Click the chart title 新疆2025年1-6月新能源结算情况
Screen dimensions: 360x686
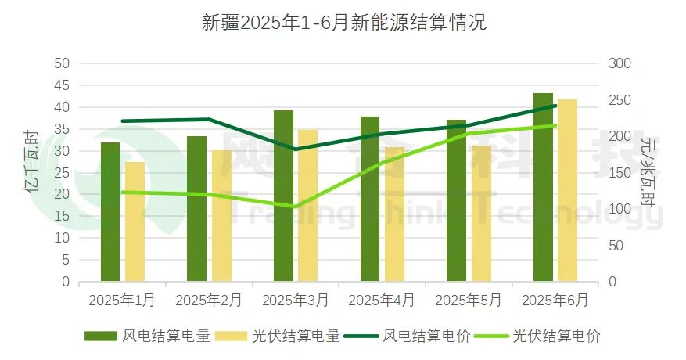(343, 23)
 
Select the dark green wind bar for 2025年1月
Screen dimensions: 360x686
(110, 211)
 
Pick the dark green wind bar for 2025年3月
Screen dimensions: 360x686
(283, 196)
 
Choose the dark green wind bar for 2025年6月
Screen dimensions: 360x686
(543, 187)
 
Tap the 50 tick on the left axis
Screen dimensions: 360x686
(62, 63)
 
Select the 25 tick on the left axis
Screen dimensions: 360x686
(62, 172)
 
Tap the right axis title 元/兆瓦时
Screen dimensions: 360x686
(648, 171)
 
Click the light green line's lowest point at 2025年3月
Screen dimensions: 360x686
(294, 207)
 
